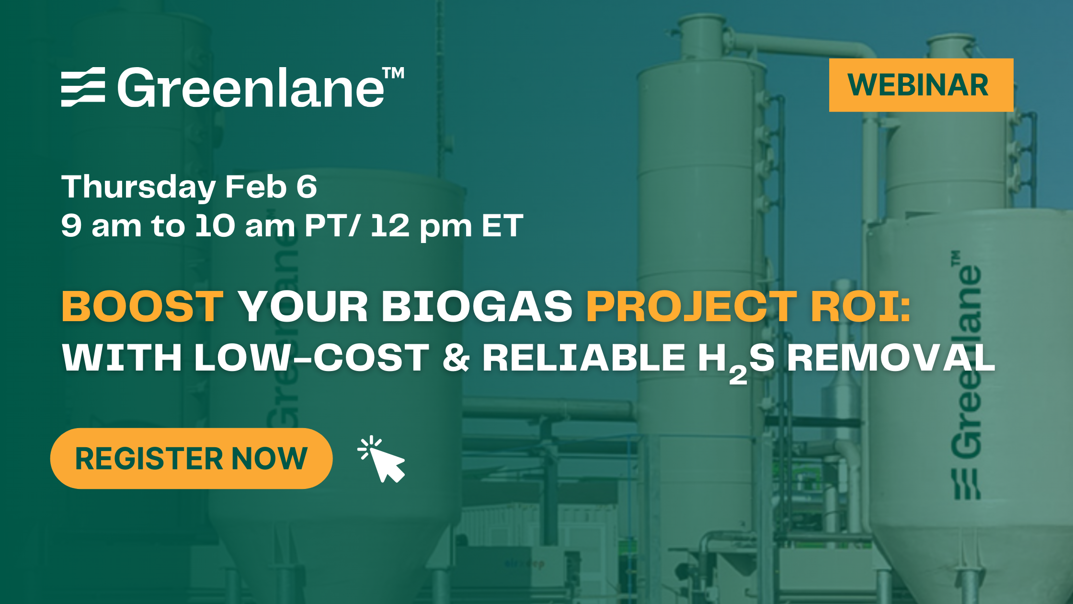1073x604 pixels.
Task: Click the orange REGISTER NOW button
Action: (191, 458)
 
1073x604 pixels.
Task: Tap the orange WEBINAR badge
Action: (921, 85)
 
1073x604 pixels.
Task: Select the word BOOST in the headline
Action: (143, 307)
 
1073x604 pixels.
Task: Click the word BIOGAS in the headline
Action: (477, 307)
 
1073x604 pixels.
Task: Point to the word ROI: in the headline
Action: (860, 307)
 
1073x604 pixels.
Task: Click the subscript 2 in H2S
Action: (738, 375)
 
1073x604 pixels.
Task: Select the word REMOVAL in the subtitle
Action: (891, 358)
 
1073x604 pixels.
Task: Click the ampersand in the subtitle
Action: (456, 358)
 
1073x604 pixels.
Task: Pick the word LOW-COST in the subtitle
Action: (311, 358)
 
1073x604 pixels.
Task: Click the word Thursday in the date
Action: (138, 187)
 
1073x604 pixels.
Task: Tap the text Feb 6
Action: (271, 187)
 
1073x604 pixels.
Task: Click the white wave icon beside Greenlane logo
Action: (83, 87)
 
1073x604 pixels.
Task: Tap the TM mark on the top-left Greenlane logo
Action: (393, 73)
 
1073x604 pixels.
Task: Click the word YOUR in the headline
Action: (303, 307)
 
